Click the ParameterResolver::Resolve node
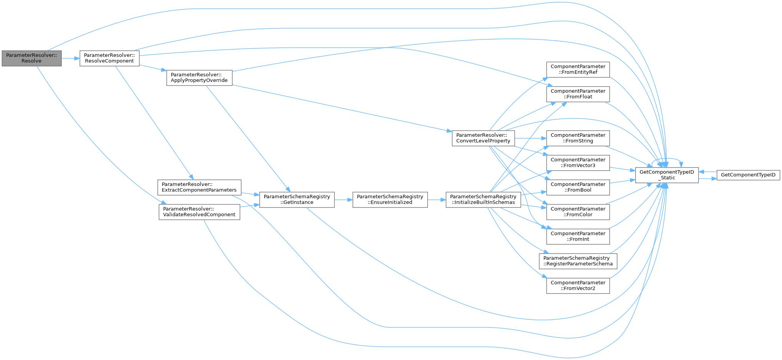point(31,58)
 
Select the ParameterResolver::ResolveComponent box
point(109,58)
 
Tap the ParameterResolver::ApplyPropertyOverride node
point(199,78)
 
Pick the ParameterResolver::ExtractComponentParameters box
point(199,187)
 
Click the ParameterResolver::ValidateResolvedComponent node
point(199,212)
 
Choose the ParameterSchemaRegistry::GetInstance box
point(297,199)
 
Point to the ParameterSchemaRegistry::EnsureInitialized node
point(390,199)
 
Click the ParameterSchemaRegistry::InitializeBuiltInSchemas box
point(483,199)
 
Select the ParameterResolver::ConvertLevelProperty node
point(483,138)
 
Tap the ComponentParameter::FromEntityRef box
point(578,69)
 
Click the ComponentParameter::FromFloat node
point(578,94)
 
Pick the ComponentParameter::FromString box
point(578,138)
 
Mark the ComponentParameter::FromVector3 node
point(578,163)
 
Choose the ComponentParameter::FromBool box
point(578,187)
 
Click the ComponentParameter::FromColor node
point(578,212)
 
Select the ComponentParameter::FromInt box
point(578,236)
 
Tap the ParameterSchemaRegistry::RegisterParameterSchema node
point(578,261)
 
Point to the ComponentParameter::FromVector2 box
point(578,285)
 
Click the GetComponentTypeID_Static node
point(666,175)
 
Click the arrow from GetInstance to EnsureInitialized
point(343,200)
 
